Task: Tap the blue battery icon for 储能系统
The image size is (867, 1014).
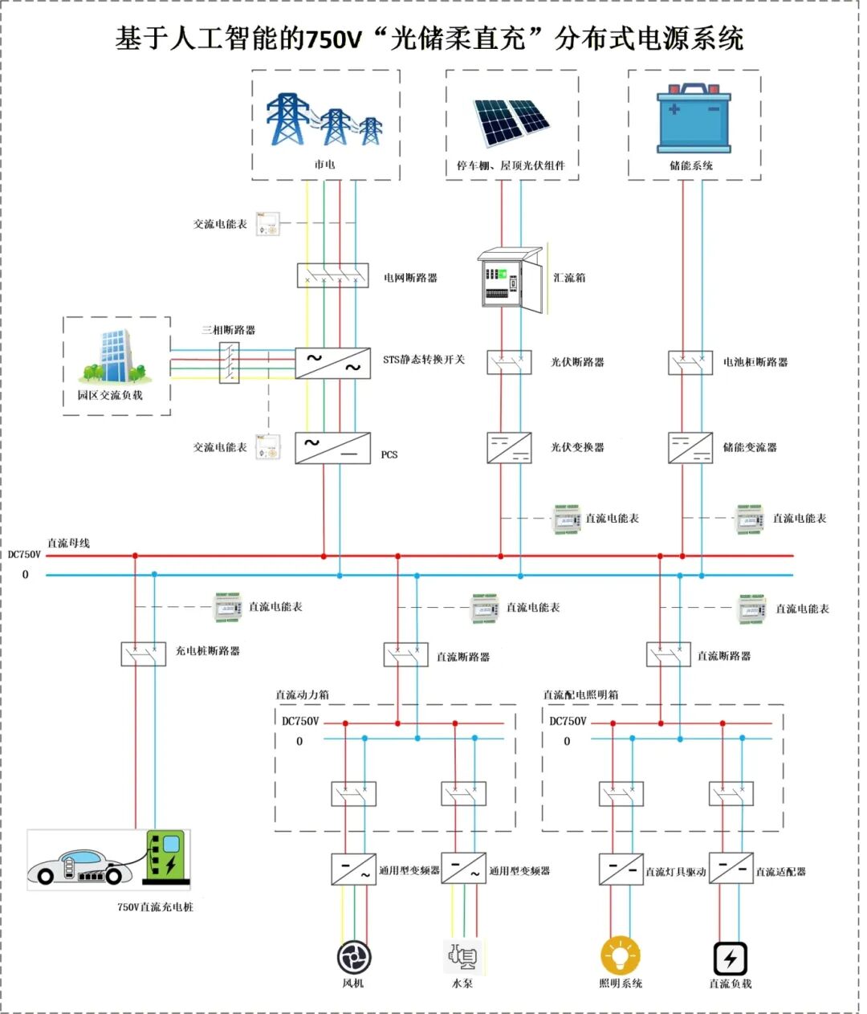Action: tap(694, 120)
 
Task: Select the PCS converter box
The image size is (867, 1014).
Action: tap(332, 448)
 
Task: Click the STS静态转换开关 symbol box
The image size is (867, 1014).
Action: tap(332, 363)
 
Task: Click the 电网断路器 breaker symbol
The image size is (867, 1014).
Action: tap(332, 275)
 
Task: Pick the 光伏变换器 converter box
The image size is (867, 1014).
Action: tap(509, 448)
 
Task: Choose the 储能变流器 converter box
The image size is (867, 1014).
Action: tap(690, 448)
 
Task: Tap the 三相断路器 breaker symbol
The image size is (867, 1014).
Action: tap(230, 362)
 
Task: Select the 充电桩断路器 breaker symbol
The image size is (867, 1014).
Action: tap(144, 654)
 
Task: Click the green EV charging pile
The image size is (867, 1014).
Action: tap(167, 857)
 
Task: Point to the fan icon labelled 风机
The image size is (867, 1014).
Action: tap(353, 957)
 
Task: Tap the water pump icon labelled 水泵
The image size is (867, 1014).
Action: tap(462, 956)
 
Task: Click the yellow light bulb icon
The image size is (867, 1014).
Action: tap(620, 955)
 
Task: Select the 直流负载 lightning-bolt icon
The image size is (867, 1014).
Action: tap(730, 958)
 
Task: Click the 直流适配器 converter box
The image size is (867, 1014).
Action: tap(731, 869)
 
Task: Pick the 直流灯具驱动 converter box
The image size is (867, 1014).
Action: tap(621, 869)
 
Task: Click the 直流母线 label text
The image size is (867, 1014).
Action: tap(68, 544)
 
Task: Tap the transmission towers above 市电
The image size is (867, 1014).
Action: tap(324, 120)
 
